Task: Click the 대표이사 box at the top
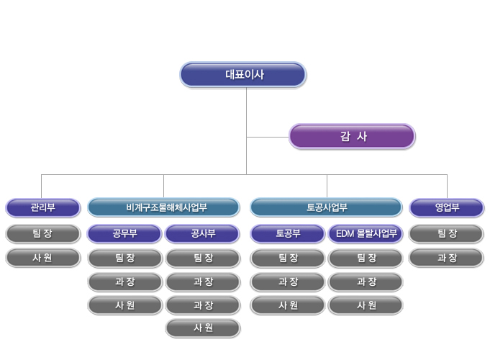243,74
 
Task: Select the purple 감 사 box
352,136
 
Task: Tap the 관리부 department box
42,208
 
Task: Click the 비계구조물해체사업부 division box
163,208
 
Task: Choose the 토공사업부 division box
326,208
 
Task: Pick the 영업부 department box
446,208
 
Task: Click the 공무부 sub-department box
124,233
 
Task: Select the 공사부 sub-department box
202,233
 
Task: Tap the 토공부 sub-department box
288,233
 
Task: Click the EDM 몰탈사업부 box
366,233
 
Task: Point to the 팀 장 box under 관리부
42,233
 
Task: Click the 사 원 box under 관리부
42,257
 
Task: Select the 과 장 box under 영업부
446,257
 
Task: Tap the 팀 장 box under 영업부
446,233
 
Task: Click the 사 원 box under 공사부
202,328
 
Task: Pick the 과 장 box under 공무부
124,281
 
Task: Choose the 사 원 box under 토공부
288,305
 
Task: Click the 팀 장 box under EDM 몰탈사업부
366,257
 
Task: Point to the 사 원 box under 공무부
124,305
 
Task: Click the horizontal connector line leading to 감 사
268,136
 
